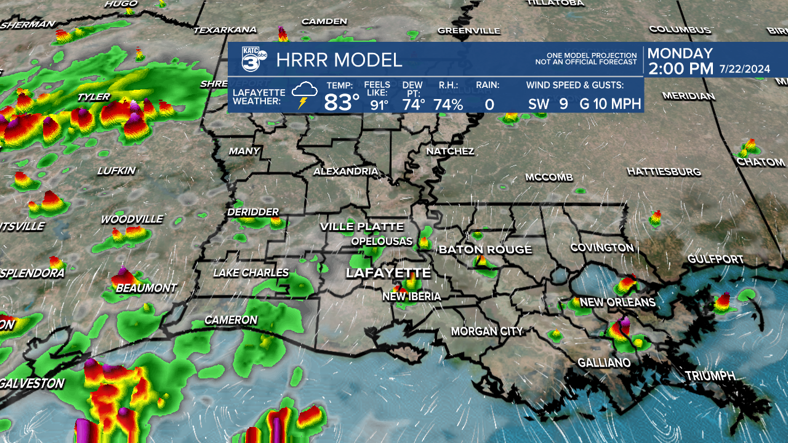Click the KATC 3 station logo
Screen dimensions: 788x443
click(x=253, y=59)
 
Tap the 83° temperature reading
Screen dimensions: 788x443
click(x=342, y=103)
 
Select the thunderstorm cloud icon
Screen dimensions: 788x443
click(x=304, y=95)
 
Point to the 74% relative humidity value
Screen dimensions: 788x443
click(x=448, y=104)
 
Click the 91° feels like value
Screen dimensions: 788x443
click(x=379, y=105)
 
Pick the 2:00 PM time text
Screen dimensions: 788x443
click(x=680, y=69)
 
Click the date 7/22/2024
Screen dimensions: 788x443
click(x=744, y=70)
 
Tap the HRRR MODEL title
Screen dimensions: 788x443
click(x=339, y=60)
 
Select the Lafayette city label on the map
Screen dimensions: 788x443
click(x=388, y=273)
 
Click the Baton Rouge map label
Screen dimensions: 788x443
click(x=485, y=249)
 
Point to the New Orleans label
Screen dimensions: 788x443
click(x=617, y=302)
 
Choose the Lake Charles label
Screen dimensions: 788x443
click(x=251, y=273)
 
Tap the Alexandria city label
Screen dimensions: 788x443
click(x=345, y=171)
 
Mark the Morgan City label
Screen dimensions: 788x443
click(x=486, y=331)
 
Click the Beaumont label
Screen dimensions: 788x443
click(x=146, y=288)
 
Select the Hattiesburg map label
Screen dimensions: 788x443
click(x=664, y=171)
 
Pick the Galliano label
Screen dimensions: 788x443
click(x=604, y=363)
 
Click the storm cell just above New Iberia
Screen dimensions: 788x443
click(x=408, y=284)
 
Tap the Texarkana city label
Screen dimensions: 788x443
click(x=225, y=30)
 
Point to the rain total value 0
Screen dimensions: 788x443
click(x=489, y=105)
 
